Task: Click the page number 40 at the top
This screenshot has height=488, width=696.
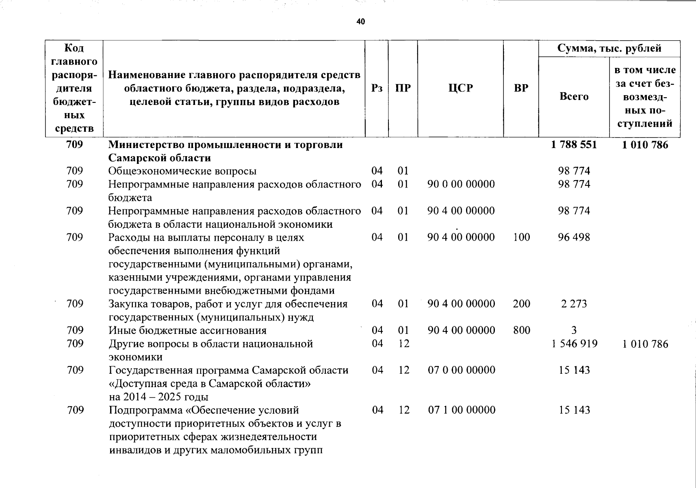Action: point(360,22)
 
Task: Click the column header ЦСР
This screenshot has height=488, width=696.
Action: point(461,88)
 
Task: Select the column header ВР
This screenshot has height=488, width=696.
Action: point(521,88)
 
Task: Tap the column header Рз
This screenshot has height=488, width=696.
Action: point(377,88)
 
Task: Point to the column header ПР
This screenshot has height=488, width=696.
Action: point(403,88)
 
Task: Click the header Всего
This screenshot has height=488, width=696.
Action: point(574,96)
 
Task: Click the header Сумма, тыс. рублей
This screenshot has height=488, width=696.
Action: point(609,48)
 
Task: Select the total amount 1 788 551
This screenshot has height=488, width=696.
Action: point(574,145)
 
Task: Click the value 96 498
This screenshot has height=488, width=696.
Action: point(574,237)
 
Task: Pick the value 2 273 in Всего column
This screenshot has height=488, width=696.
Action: point(574,304)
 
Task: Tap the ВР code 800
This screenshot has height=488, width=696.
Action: point(521,330)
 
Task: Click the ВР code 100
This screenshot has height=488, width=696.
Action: point(521,237)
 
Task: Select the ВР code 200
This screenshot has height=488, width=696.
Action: point(521,304)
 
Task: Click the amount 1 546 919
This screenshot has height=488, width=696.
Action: point(574,344)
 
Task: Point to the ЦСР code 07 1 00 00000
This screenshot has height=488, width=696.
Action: point(462,410)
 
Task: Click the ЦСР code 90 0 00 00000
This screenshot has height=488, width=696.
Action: point(461,184)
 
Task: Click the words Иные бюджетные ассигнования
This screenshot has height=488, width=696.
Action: point(187,330)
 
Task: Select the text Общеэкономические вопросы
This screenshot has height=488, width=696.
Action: point(182,171)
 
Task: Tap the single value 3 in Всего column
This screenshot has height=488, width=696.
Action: point(574,330)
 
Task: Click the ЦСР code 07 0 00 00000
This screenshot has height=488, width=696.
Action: point(462,370)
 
